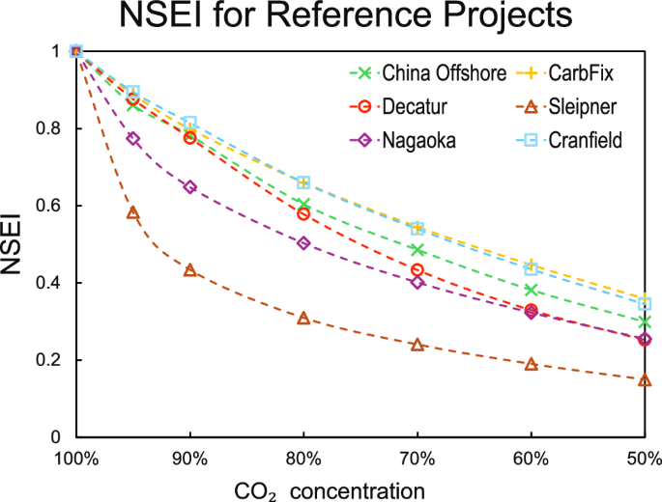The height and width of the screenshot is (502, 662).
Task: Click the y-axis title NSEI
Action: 13,245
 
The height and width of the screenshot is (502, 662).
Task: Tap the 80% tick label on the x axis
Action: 303,457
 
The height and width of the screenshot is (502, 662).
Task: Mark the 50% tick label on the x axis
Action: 645,457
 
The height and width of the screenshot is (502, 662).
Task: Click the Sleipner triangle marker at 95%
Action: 133,212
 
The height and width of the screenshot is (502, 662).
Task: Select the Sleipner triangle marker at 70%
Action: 417,345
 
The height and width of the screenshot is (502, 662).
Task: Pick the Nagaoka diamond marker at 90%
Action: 189,187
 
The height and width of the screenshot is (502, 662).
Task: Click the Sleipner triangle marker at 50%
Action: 645,379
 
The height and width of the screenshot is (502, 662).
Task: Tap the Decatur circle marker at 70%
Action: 417,270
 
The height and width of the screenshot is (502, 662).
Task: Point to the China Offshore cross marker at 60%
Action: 531,290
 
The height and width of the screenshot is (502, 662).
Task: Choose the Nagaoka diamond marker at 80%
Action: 303,243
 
